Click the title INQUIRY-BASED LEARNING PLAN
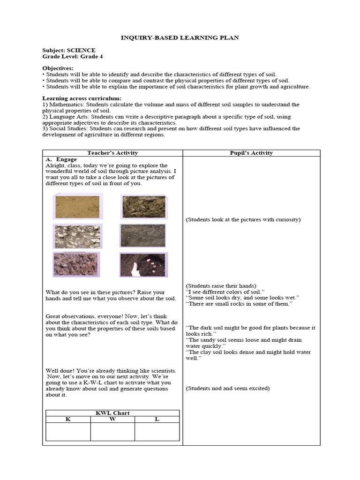[180, 37]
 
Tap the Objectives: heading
[58, 68]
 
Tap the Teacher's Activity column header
[112, 153]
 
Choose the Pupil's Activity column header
[251, 153]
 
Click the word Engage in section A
[66, 159]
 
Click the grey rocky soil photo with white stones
[77, 236]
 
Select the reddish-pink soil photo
[76, 265]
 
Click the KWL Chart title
[112, 413]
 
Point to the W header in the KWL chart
[112, 419]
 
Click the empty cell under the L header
[157, 431]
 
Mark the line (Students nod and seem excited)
[228, 388]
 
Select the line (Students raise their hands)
[221, 285]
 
